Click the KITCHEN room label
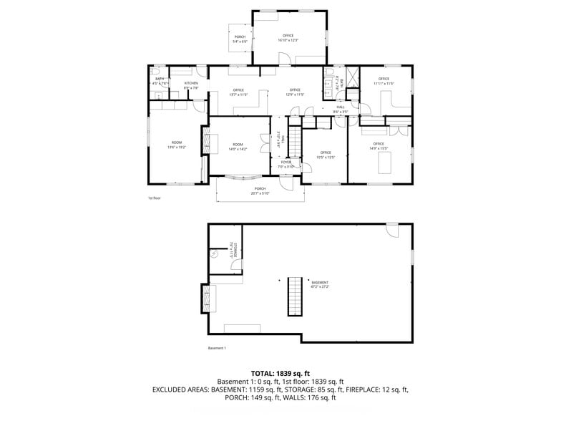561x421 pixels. pyautogui.click(x=191, y=84)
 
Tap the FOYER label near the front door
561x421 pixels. pyautogui.click(x=286, y=163)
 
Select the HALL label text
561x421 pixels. pyautogui.click(x=341, y=107)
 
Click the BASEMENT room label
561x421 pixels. pyautogui.click(x=320, y=284)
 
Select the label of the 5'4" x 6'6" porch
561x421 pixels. pyautogui.click(x=240, y=39)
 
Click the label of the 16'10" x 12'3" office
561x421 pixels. pyautogui.click(x=288, y=37)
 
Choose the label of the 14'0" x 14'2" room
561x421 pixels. pyautogui.click(x=238, y=147)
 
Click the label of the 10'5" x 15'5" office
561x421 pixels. pyautogui.click(x=326, y=155)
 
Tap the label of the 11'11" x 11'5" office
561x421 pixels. pyautogui.click(x=384, y=81)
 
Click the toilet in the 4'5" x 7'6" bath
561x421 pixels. pyautogui.click(x=154, y=72)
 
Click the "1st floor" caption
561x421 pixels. pyautogui.click(x=155, y=198)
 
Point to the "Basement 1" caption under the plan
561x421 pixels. pyautogui.click(x=217, y=348)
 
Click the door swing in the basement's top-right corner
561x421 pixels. pyautogui.click(x=391, y=229)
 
